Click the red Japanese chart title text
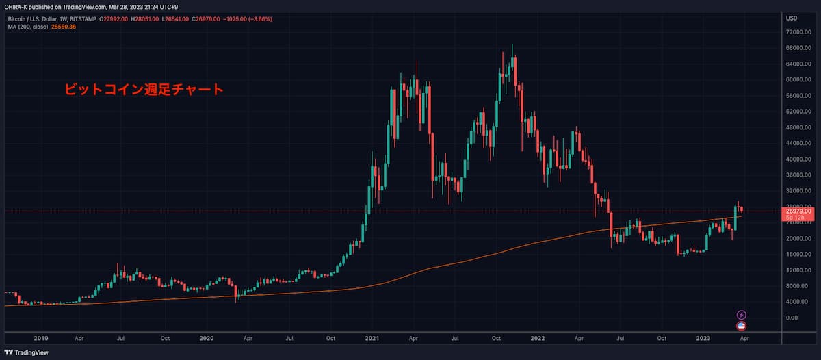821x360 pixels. click(144, 89)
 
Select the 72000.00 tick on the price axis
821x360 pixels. click(798, 32)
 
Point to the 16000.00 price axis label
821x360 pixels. click(798, 254)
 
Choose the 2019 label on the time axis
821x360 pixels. click(40, 337)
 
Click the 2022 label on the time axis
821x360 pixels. click(538, 337)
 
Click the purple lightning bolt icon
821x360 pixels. click(742, 315)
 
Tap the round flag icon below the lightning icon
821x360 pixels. click(742, 326)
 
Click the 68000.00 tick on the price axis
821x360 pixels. click(798, 48)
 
